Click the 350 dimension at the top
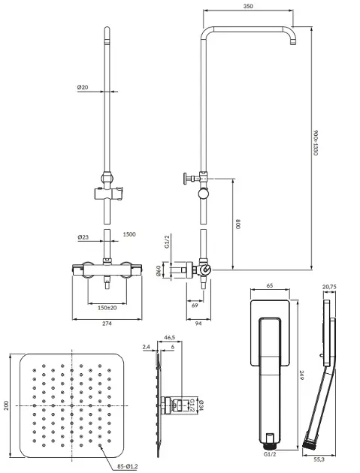click(x=248, y=6)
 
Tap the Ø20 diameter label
click(x=83, y=87)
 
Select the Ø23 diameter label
click(x=83, y=237)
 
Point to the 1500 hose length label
click(x=129, y=234)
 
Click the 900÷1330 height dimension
click(x=316, y=143)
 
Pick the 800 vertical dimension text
click(x=237, y=224)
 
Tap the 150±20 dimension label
click(x=107, y=308)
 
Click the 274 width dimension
click(x=107, y=324)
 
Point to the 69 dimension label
click(x=195, y=306)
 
